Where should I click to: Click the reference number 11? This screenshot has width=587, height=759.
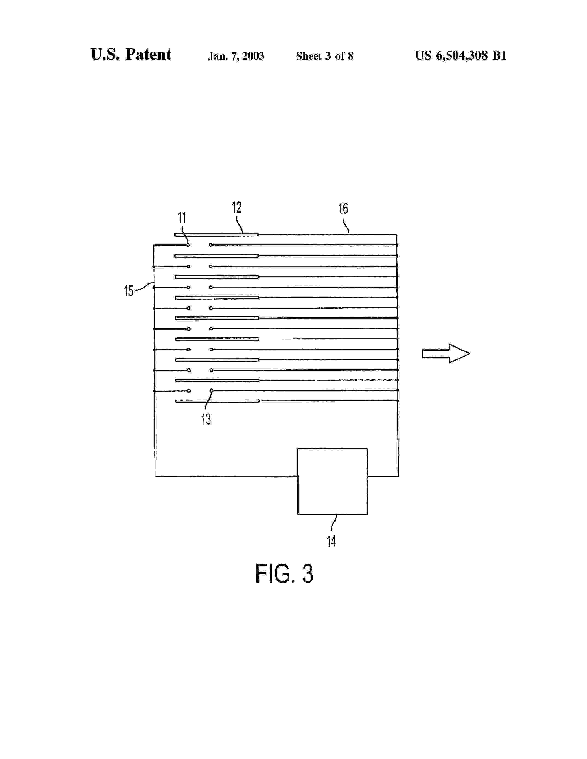click(x=182, y=218)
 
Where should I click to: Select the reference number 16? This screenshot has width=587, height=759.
click(x=343, y=209)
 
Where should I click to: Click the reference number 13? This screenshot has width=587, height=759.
click(x=206, y=419)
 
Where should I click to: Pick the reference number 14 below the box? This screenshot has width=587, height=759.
click(x=331, y=541)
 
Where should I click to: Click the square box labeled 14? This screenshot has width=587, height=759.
click(x=332, y=481)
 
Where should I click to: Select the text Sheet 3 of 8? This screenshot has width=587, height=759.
click(x=324, y=56)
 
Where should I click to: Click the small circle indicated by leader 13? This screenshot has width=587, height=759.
click(x=211, y=391)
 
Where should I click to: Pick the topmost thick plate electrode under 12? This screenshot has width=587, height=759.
click(x=216, y=235)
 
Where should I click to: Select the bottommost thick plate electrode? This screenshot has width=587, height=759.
click(x=217, y=401)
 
